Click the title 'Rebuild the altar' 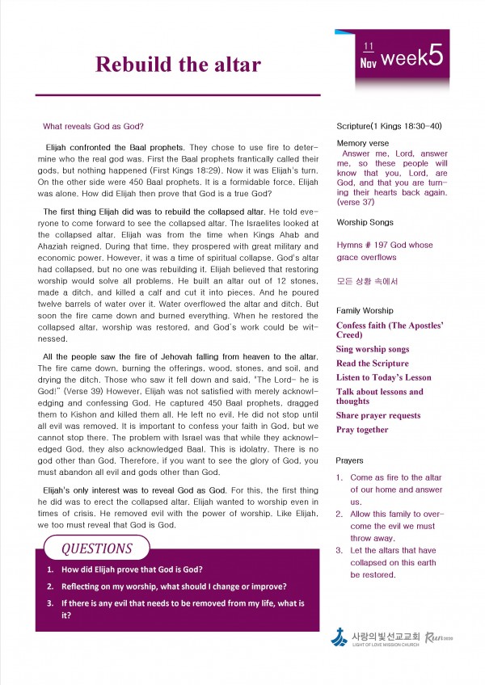178,65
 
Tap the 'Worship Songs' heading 365,221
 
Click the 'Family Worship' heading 365,310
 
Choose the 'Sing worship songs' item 373,349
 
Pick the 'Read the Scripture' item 373,364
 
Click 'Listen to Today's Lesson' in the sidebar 383,377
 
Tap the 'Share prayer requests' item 378,415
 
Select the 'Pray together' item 362,430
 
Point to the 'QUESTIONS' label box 96,549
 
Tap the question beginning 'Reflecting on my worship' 174,586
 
